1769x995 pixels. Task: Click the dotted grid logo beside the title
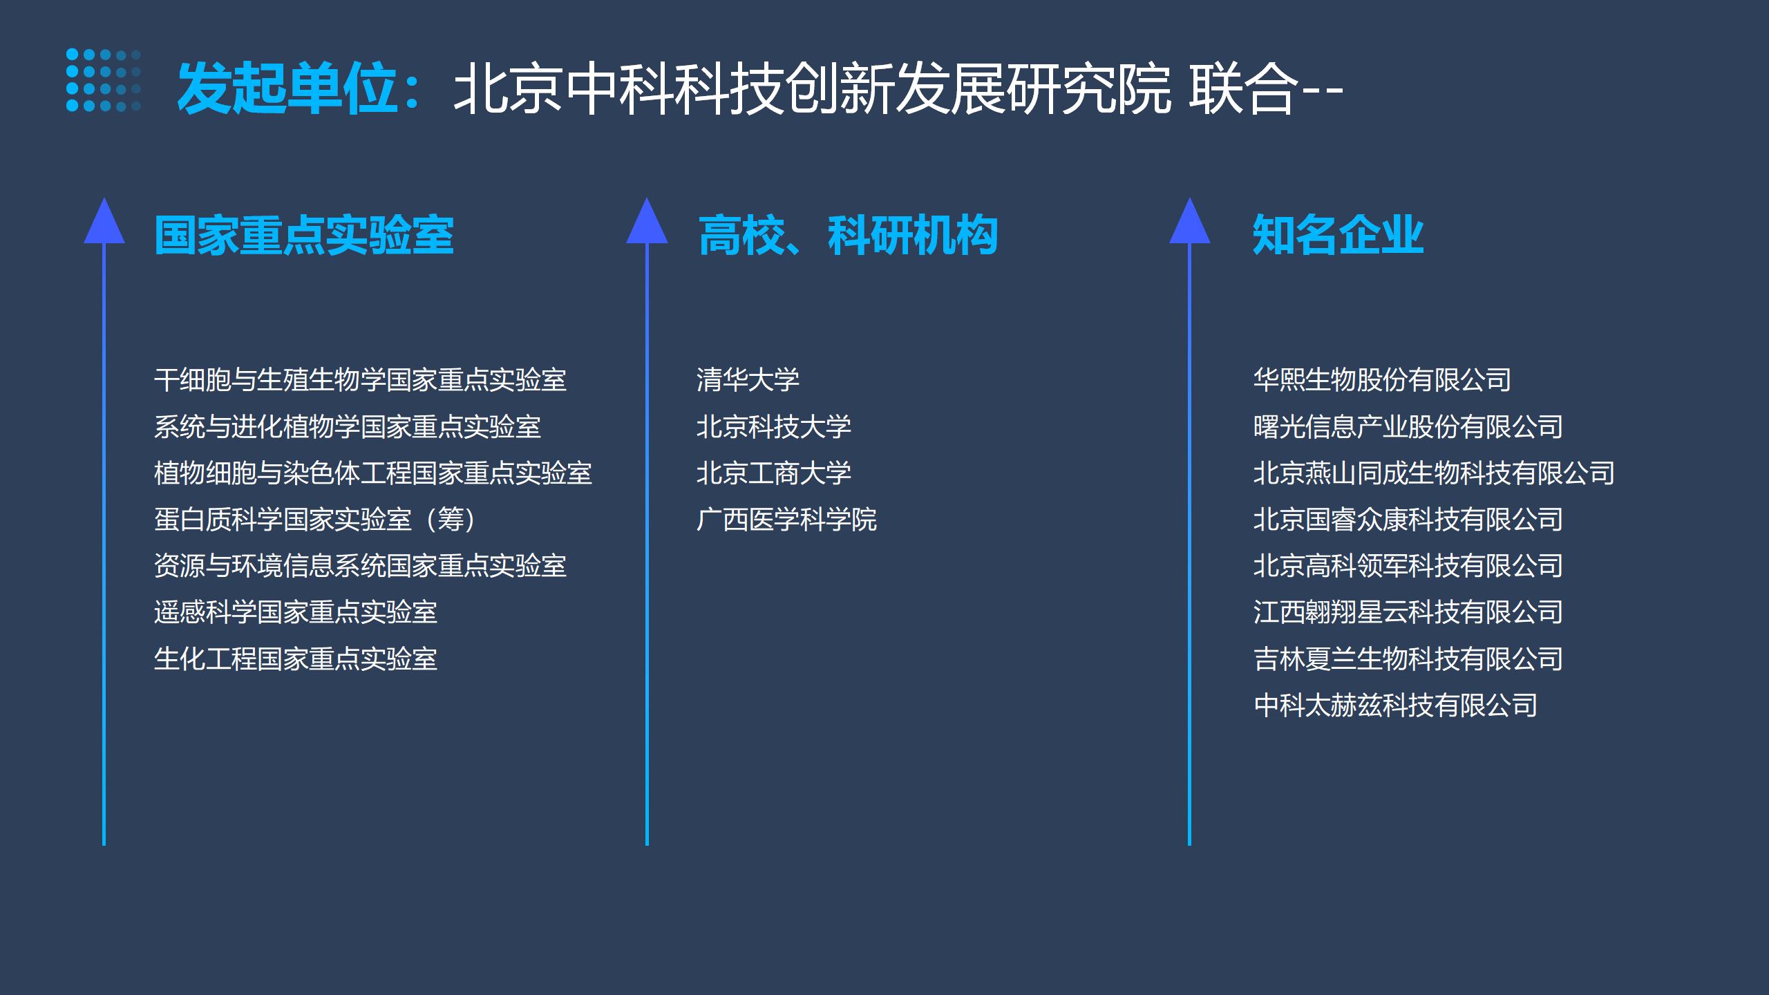coord(104,80)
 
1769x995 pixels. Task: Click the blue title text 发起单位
coord(287,88)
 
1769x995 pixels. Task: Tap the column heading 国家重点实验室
coord(304,235)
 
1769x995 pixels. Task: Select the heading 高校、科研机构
coord(848,235)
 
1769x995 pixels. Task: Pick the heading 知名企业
coord(1338,235)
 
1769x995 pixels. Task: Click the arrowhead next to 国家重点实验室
coord(104,221)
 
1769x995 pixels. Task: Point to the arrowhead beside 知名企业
coord(1189,221)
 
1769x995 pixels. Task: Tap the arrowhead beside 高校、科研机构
coord(647,221)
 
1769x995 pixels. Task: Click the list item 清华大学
coord(748,380)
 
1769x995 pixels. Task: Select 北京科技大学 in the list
coord(774,426)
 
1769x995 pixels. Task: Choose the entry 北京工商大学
coord(774,473)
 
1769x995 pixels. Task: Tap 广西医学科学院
coord(786,520)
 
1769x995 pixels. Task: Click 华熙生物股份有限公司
coord(1382,380)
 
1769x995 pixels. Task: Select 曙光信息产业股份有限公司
coord(1408,426)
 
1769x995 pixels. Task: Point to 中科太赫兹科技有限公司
coord(1395,705)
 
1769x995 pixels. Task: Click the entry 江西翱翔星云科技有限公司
coord(1408,612)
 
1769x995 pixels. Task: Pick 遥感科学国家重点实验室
coord(296,612)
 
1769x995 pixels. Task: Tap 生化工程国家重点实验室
coord(296,659)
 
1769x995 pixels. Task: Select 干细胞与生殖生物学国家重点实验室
coord(360,380)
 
